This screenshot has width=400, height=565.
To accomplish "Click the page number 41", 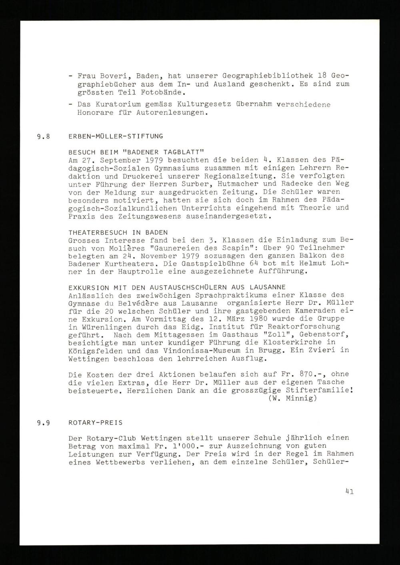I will [x=349, y=491].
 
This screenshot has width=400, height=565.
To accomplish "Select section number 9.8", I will [x=43, y=136].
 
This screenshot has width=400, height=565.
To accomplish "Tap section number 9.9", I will [x=43, y=422].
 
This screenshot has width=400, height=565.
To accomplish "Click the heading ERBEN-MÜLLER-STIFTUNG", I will [x=116, y=136].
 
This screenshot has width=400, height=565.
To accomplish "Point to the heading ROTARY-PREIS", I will [x=96, y=422].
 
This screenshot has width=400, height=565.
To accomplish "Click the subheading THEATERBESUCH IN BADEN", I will [x=118, y=232].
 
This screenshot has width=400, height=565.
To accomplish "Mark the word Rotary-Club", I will [x=116, y=438].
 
